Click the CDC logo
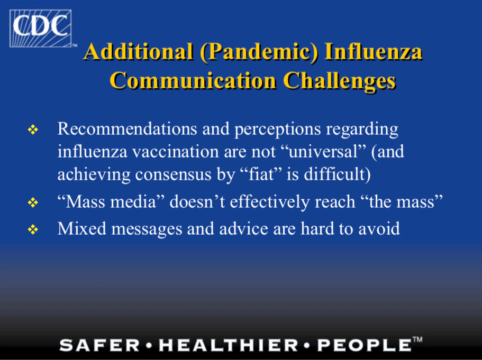[x=41, y=28]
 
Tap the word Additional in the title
[x=139, y=51]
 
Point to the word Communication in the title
[x=193, y=80]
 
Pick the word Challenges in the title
[x=339, y=81]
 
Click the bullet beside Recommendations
[x=33, y=130]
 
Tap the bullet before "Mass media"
[x=33, y=202]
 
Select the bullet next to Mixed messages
[x=33, y=229]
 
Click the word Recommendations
[x=128, y=128]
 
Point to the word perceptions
[x=278, y=130]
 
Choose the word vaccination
[x=176, y=151]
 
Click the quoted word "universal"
[x=324, y=151]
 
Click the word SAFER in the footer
[x=99, y=345]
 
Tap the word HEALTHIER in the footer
[x=229, y=345]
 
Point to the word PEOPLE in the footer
[x=364, y=345]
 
